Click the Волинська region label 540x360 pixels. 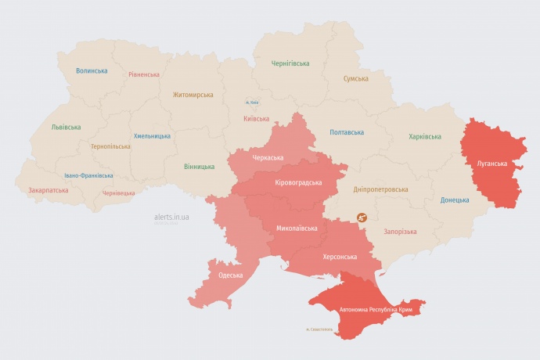tap(92, 70)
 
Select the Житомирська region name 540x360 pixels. tap(193, 95)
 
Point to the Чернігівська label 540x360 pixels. tap(290, 63)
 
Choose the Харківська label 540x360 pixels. tap(424, 137)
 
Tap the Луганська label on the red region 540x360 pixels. tap(491, 164)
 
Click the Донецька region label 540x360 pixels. tap(455, 200)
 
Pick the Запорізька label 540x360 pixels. tap(400, 232)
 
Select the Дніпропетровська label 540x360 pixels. tap(380, 189)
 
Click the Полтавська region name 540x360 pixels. tap(347, 132)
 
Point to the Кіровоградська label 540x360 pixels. tap(299, 182)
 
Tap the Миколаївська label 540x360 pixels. tap(297, 229)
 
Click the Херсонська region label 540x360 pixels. tap(340, 257)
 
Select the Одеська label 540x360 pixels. tap(231, 275)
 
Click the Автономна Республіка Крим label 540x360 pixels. tap(376, 311)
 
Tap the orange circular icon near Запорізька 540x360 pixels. tap(362, 218)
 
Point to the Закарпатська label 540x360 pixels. tap(48, 190)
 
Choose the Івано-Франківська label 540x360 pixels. tap(88, 176)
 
